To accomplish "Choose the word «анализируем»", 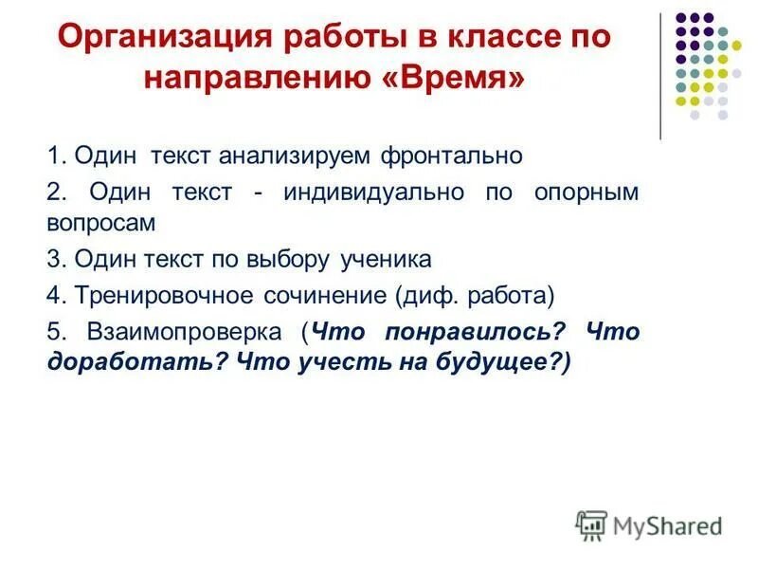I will coord(297,155).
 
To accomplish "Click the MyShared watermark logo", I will coord(648,523).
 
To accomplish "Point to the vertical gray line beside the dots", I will coord(660,76).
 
